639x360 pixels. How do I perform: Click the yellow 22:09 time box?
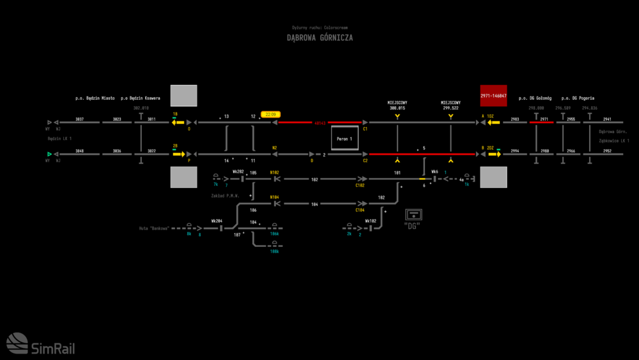tap(270, 114)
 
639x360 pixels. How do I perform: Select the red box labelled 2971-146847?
tap(493, 96)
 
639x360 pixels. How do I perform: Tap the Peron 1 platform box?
tap(345, 138)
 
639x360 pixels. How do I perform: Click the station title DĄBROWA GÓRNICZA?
tap(319, 38)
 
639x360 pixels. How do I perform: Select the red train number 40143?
tap(319, 122)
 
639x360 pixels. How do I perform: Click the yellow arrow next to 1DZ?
tap(494, 122)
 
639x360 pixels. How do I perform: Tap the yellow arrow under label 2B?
tap(178, 154)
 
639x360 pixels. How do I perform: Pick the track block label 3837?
tap(79, 120)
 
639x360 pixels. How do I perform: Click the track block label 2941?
tap(607, 120)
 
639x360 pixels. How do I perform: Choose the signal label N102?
tap(275, 173)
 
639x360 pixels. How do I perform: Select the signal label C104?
tap(360, 210)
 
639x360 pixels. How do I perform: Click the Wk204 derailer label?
tap(217, 221)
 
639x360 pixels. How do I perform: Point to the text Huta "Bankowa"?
tap(154, 228)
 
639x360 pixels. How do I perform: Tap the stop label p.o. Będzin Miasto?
tap(95, 98)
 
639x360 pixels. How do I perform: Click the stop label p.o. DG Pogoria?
tap(578, 98)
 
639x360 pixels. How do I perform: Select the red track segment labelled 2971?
tap(542, 122)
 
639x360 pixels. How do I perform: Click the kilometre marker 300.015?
tap(397, 108)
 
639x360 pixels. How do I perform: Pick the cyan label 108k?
tap(274, 251)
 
